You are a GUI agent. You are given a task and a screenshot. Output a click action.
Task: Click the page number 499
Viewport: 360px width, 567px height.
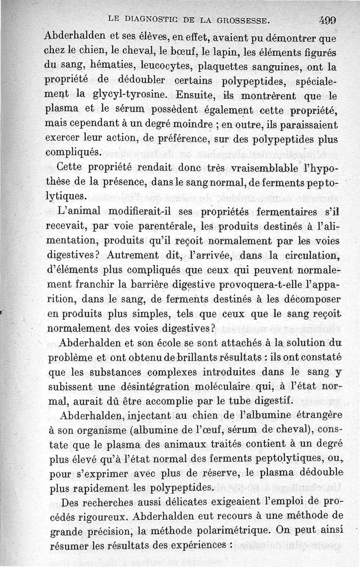328,20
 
